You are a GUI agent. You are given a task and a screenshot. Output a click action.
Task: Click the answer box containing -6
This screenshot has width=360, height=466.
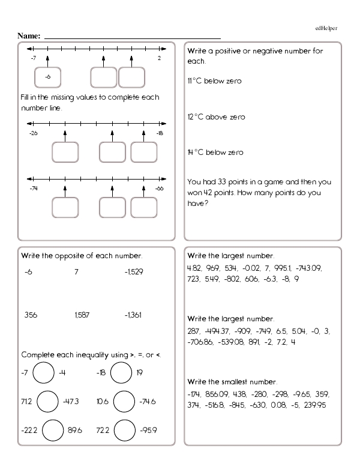(x=48, y=77)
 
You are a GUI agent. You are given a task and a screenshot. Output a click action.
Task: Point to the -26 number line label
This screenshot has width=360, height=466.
(x=33, y=133)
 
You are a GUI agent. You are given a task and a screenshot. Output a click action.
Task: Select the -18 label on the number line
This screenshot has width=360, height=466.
(x=159, y=133)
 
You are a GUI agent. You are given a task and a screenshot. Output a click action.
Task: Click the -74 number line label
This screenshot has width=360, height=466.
(x=33, y=188)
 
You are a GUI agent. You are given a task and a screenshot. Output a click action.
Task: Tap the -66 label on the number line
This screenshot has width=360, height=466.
(x=159, y=188)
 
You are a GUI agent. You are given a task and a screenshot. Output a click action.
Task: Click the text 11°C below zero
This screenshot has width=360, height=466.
(x=214, y=81)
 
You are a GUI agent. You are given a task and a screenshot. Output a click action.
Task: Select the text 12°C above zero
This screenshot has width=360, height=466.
(x=215, y=117)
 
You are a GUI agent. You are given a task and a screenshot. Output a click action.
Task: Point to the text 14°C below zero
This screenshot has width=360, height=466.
(x=215, y=153)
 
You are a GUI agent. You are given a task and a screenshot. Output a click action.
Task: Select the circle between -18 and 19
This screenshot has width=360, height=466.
(x=123, y=373)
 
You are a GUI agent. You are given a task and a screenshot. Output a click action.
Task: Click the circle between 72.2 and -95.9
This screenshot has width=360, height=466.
(x=124, y=431)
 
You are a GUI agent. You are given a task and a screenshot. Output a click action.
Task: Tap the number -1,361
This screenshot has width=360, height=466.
(x=134, y=314)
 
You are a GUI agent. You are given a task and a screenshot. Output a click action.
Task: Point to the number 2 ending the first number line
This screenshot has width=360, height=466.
(x=159, y=58)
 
